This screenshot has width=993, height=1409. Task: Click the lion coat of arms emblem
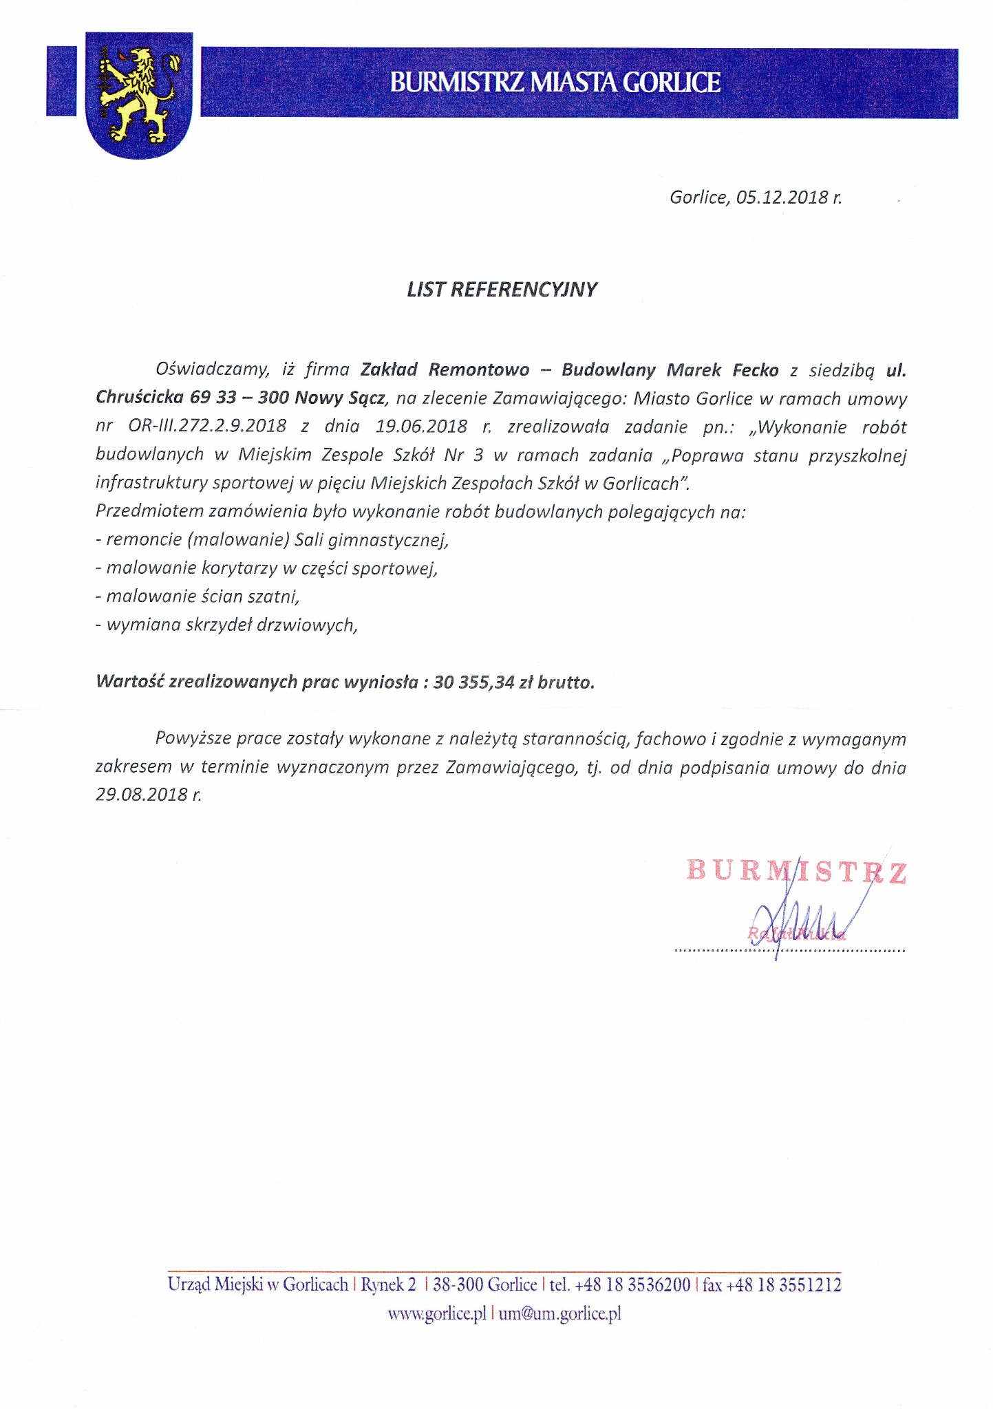pos(138,94)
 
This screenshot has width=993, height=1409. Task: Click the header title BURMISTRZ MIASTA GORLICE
pos(555,83)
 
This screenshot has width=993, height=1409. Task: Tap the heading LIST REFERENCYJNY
pos(502,290)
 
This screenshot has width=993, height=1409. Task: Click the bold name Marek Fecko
pos(722,370)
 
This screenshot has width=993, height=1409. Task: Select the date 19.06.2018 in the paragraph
pos(421,427)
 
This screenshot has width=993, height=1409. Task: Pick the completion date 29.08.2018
pos(142,795)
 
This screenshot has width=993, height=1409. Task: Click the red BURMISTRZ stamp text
pos(796,872)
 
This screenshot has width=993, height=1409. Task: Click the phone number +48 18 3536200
pos(632,1285)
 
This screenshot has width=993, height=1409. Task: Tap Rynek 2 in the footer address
pos(389,1285)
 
